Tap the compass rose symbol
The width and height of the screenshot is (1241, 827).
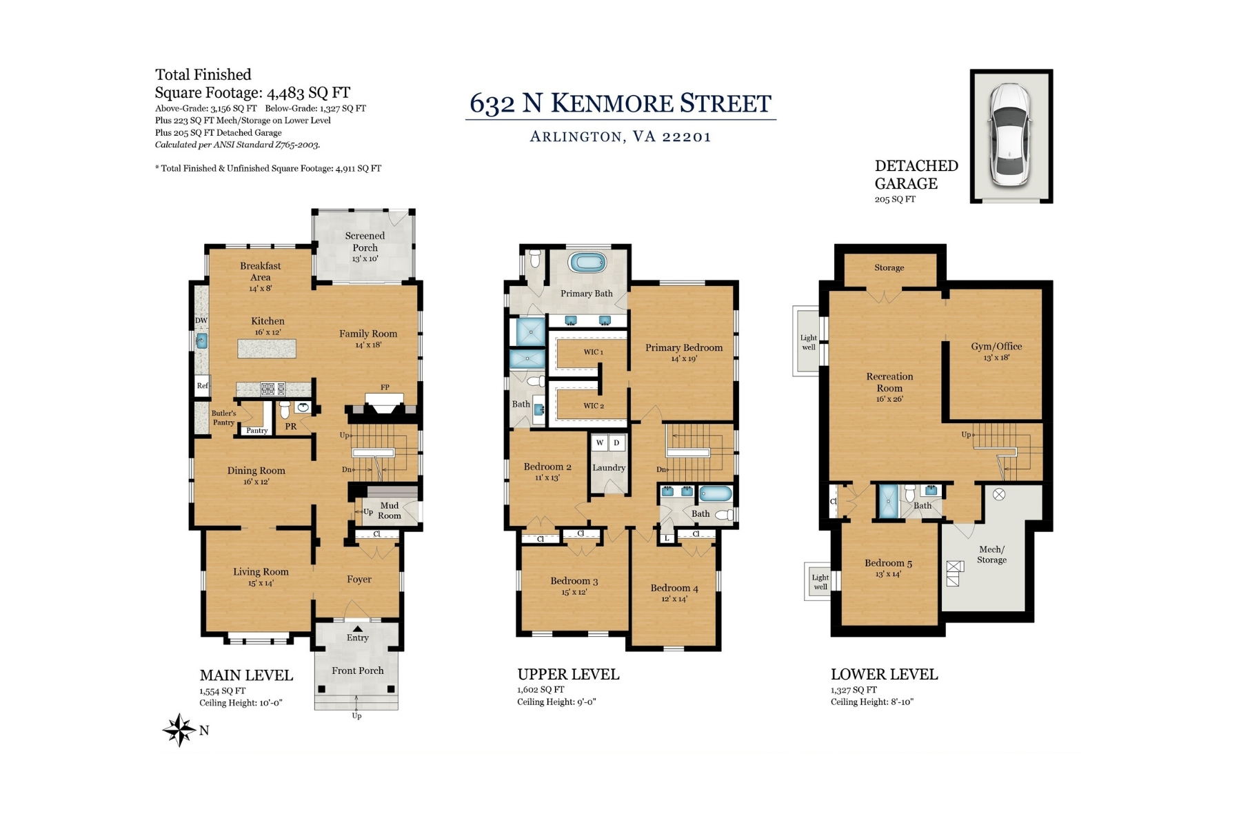click(179, 730)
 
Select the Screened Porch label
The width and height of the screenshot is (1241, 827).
click(365, 241)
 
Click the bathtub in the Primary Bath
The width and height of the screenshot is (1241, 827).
click(587, 263)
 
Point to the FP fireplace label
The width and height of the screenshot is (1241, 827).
click(385, 387)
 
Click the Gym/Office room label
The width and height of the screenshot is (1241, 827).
click(996, 347)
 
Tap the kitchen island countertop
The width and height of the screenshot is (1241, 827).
click(267, 348)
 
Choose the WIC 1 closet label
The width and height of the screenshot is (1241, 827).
click(593, 352)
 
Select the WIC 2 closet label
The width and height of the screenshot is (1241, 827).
click(593, 406)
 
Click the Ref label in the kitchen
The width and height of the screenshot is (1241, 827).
click(202, 386)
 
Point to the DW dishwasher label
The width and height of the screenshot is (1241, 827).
click(201, 320)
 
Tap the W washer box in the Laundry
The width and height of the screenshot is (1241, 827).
click(600, 442)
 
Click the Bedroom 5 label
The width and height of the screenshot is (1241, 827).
click(888, 563)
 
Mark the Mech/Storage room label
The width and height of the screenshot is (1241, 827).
click(991, 554)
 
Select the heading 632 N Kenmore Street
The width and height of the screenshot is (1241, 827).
click(620, 103)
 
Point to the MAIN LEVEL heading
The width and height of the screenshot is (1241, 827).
click(246, 675)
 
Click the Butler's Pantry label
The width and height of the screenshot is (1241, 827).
click(223, 418)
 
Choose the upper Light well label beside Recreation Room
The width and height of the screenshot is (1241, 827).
click(809, 343)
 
